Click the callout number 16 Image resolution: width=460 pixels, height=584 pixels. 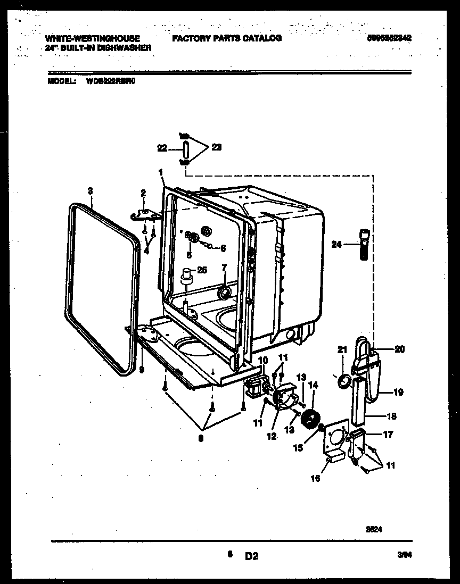pos(316,478)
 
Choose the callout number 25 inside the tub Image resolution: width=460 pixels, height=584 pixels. pos(201,270)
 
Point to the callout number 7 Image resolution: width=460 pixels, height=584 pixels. pos(224,266)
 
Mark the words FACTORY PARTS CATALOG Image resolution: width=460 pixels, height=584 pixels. pos(226,38)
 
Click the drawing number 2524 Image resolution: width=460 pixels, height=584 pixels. pos(374,530)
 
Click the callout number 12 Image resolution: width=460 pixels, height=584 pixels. pos(272,436)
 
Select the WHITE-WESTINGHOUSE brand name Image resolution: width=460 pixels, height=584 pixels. pos(93,38)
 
